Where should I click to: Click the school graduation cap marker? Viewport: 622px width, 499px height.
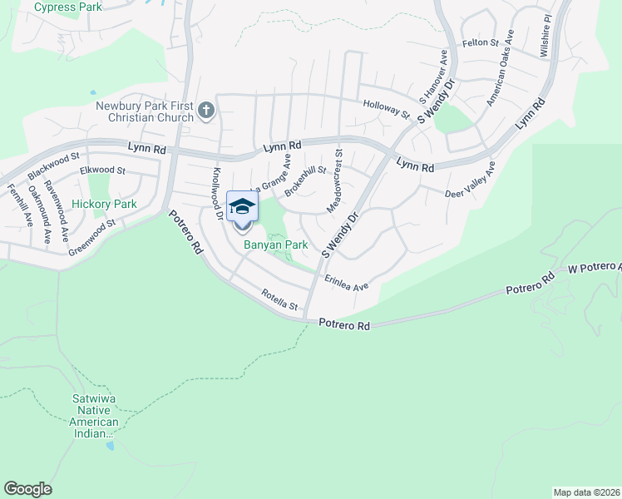242,207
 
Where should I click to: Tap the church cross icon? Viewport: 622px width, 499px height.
205,109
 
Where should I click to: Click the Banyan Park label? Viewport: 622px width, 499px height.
275,245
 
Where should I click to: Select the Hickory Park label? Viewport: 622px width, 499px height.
104,204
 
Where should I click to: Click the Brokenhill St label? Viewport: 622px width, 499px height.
304,180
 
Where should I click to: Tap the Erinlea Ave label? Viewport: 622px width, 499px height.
346,283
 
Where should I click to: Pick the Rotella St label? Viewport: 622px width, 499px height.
279,300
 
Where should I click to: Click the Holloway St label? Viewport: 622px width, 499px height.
387,108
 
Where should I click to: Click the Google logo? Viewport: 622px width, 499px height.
27,489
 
